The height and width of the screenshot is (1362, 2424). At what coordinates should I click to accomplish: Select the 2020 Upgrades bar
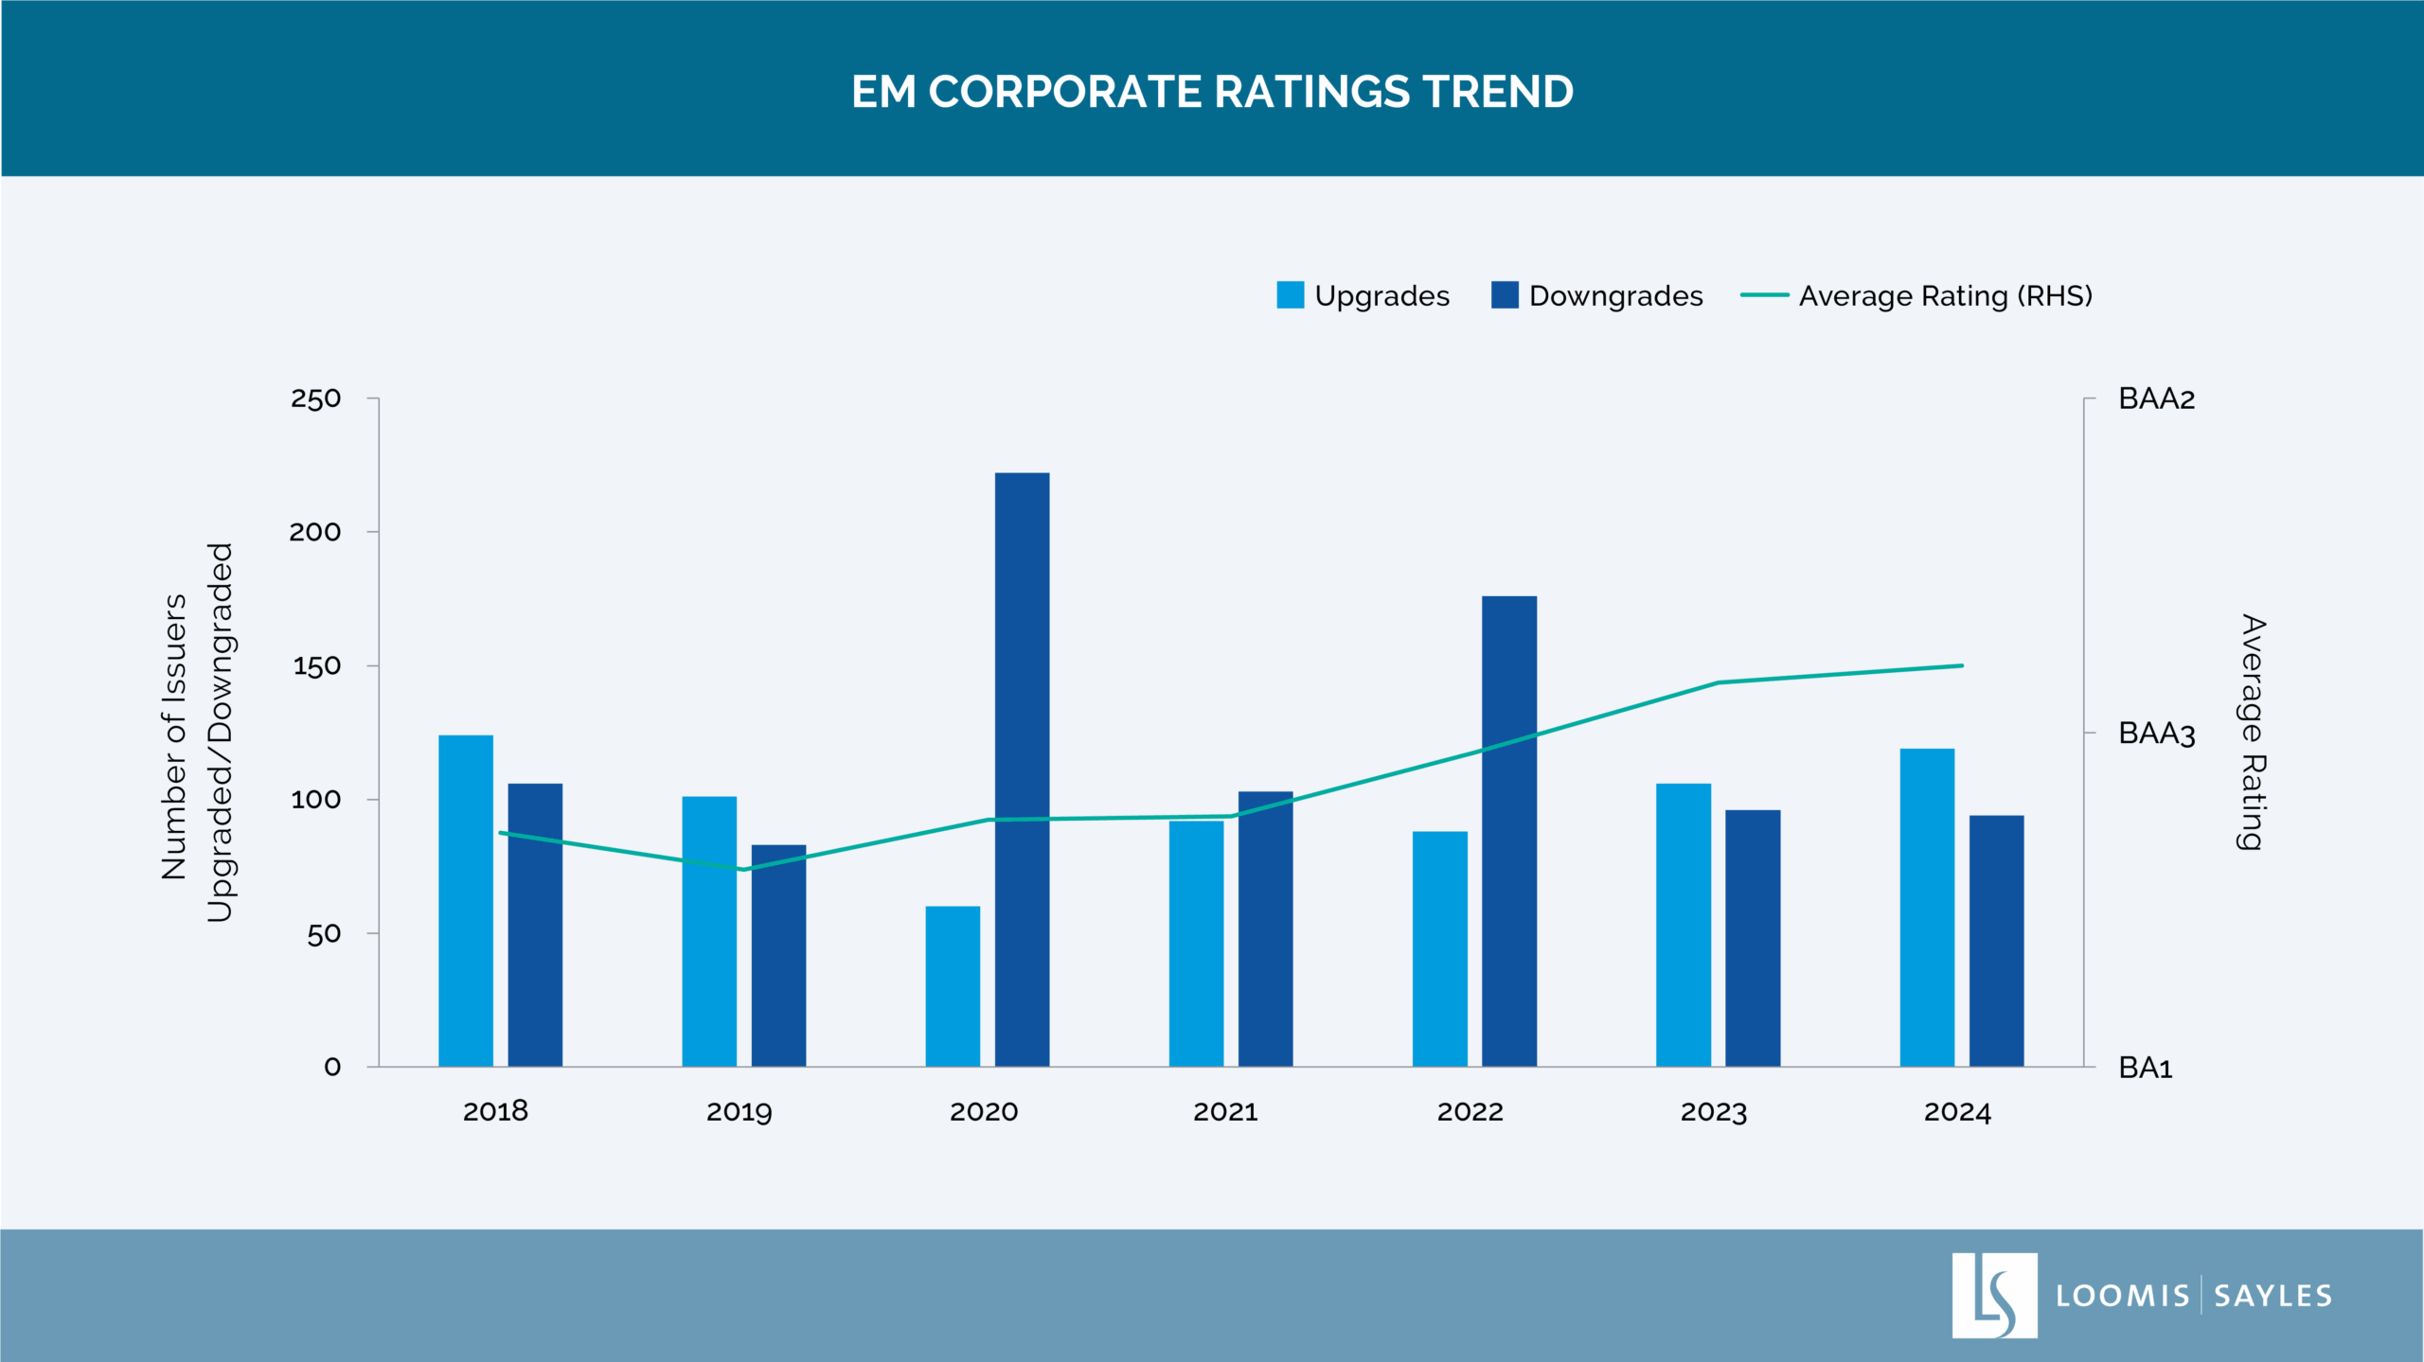point(953,986)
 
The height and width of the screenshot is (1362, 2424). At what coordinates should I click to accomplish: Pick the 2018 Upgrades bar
point(466,900)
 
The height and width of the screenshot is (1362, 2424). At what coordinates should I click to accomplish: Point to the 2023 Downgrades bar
point(1752,938)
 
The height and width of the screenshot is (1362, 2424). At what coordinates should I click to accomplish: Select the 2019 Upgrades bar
point(709,931)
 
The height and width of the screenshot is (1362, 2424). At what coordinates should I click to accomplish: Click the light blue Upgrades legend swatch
point(1290,295)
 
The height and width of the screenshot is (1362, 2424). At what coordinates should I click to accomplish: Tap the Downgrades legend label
point(1615,296)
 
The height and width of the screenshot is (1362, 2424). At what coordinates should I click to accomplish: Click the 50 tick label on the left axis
point(323,934)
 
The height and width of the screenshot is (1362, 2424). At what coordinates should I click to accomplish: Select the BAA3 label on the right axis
point(2156,734)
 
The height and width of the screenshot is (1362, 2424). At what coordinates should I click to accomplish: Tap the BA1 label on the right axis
point(2145,1068)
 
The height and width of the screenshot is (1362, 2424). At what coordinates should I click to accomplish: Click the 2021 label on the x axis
point(1225,1111)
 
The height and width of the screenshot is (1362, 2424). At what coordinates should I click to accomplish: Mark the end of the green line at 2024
point(1962,665)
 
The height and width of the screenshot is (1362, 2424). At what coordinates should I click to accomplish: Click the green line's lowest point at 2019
point(743,869)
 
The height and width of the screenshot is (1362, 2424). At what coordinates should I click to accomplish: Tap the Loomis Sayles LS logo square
point(1994,1295)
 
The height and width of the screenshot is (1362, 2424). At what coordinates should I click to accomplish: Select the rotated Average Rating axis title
point(2253,733)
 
